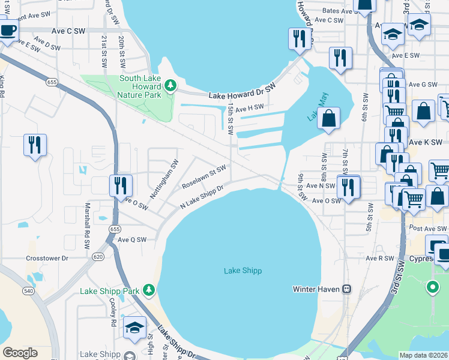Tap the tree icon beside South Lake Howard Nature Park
pos(170,86)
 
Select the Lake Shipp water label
pos(243,271)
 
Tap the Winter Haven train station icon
pos(346,289)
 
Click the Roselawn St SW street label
pos(204,178)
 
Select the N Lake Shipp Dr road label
pos(202,197)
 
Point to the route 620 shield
pos(98,257)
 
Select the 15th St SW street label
pos(231,115)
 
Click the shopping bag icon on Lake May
pos(329,119)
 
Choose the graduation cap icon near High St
pos(135,328)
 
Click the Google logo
pos(20,353)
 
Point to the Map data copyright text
pos(424,355)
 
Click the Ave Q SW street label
pos(132,239)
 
